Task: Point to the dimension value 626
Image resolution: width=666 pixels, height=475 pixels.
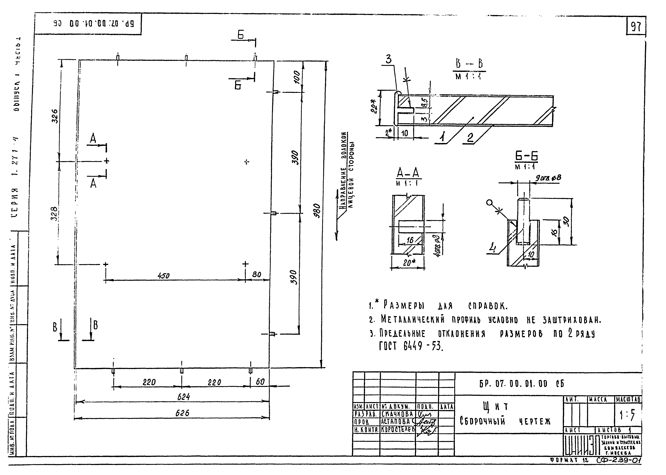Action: pos(182,413)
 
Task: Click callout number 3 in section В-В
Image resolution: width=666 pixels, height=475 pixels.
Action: pos(388,59)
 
